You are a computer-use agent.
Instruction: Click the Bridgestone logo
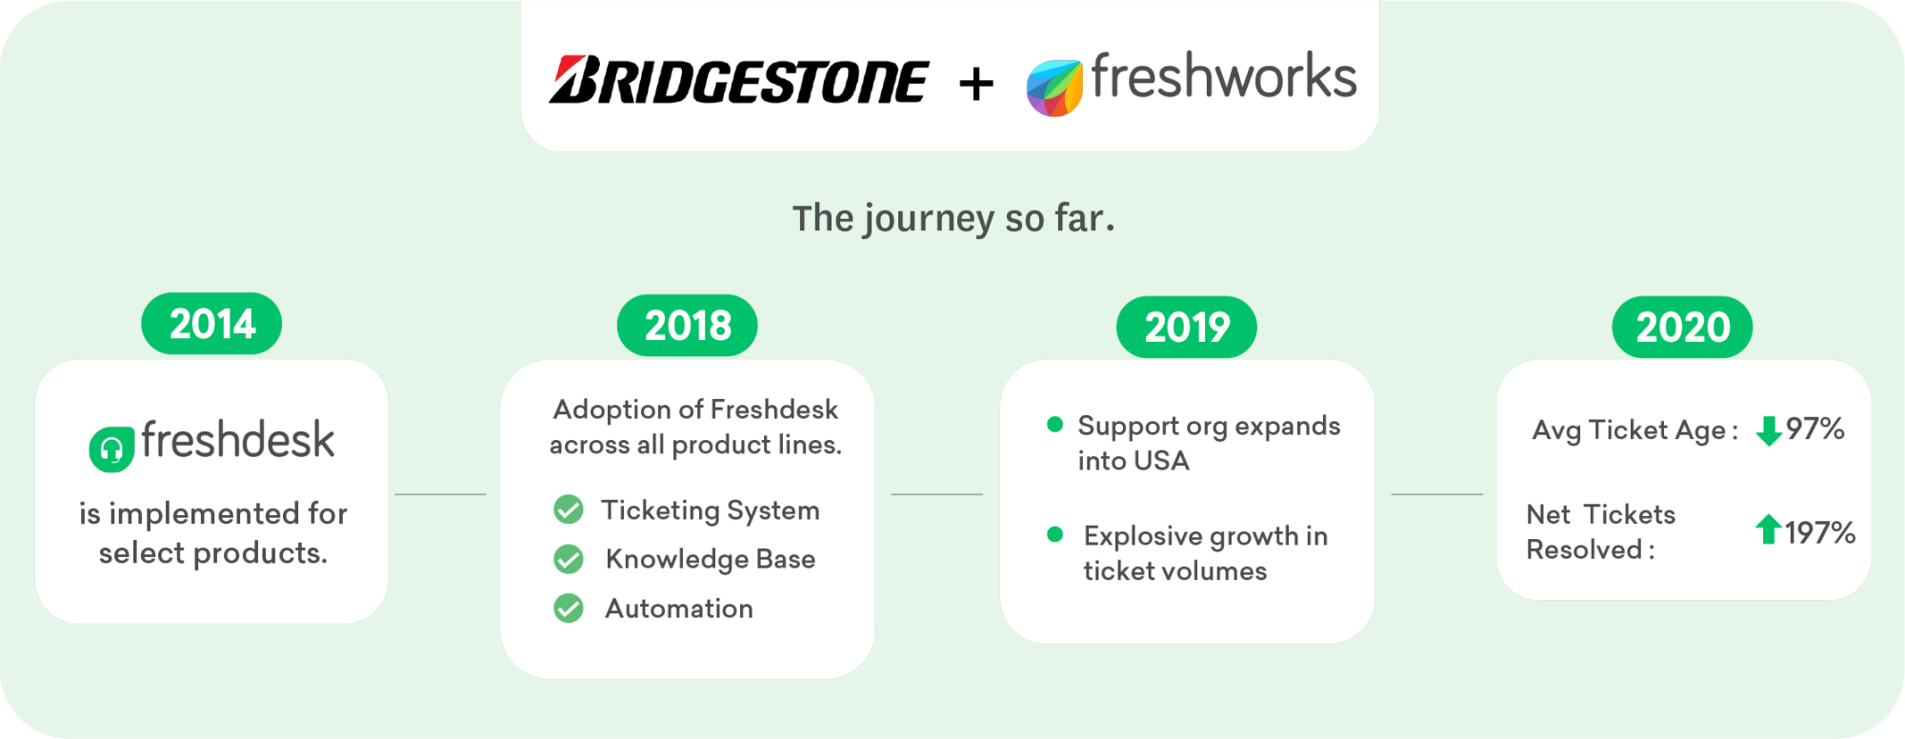tap(738, 80)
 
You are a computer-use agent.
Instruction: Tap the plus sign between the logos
tap(976, 84)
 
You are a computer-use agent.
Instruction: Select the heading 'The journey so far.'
tap(953, 219)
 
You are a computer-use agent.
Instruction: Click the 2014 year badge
tap(211, 324)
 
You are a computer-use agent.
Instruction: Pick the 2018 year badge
tap(688, 326)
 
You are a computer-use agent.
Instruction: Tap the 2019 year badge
tap(1187, 328)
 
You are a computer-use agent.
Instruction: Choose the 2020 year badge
tap(1682, 328)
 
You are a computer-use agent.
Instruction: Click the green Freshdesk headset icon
tap(111, 449)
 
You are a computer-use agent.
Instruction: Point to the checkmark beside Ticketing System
tap(569, 509)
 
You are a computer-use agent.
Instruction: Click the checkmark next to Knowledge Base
tap(569, 559)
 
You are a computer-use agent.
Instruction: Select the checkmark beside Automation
tap(569, 608)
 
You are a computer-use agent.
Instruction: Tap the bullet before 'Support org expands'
tap(1054, 425)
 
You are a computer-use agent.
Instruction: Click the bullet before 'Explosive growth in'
tap(1054, 534)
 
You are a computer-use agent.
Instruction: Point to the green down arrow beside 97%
tap(1769, 430)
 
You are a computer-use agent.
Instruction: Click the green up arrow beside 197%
tap(1769, 529)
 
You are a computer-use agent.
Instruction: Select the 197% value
tap(1820, 532)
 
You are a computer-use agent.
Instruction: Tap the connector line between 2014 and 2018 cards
tap(440, 494)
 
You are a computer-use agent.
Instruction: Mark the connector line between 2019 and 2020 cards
tap(1437, 494)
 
